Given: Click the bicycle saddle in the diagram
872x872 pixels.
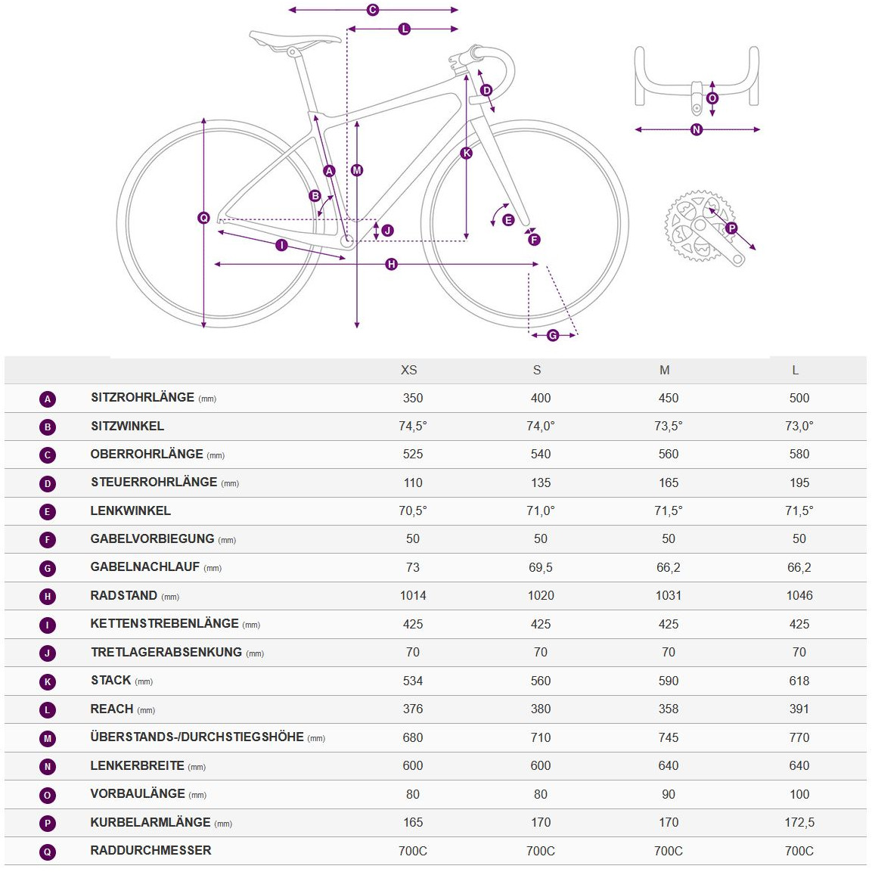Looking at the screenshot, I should click(295, 40).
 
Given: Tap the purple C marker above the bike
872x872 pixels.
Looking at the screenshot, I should click(373, 10).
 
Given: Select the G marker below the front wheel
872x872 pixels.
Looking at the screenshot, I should click(553, 335).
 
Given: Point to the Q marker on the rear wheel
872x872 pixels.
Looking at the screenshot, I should click(203, 218).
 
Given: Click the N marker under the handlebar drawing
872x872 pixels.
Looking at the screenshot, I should click(697, 130).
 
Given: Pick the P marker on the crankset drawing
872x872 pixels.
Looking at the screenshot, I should click(731, 228).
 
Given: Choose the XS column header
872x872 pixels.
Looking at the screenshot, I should click(408, 370).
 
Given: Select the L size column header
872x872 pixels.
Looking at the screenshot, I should click(795, 370).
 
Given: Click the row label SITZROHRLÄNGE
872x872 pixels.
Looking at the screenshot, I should click(142, 398).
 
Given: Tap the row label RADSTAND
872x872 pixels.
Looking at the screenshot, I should click(123, 596).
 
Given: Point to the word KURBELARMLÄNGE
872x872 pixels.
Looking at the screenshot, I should click(150, 822).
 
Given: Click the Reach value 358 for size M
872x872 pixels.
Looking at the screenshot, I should click(669, 709).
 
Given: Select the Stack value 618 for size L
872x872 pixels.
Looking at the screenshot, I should click(799, 681).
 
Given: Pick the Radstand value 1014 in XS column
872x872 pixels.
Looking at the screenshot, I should click(413, 596).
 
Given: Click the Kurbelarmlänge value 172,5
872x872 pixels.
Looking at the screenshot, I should click(799, 822).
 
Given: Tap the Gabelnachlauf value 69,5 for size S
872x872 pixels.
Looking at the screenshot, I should click(541, 567).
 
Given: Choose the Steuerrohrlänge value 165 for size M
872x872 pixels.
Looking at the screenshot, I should click(669, 483).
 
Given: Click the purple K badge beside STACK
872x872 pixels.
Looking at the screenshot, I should click(48, 681).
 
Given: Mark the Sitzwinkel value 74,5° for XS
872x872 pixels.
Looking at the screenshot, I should click(413, 427).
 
